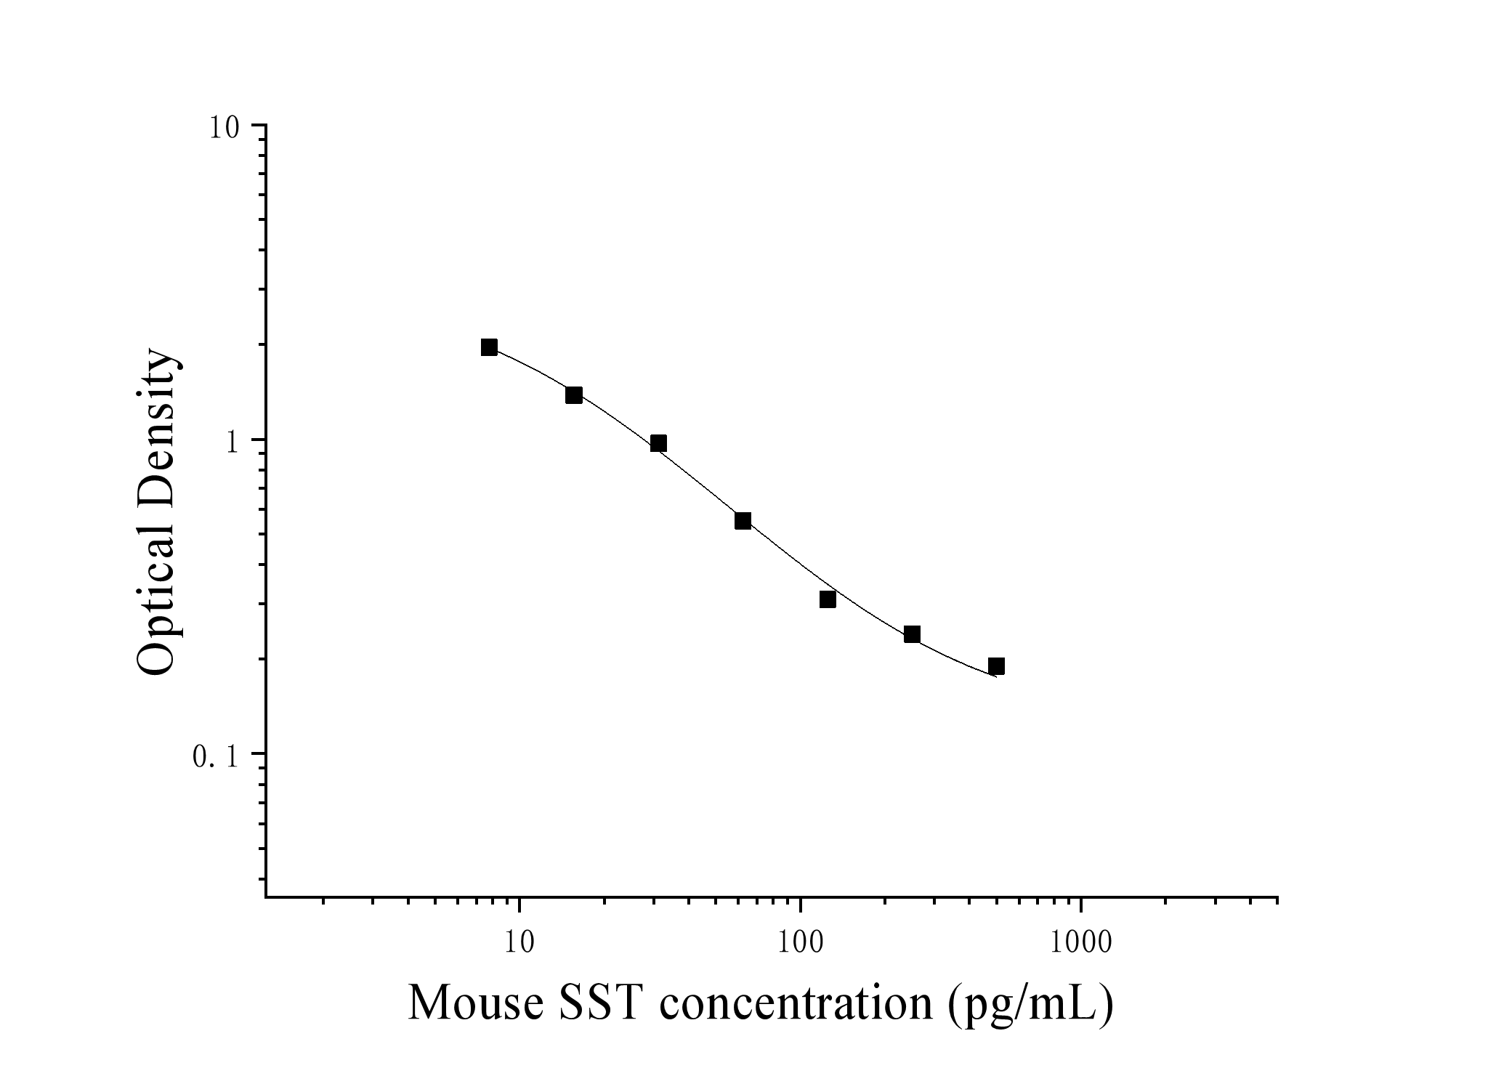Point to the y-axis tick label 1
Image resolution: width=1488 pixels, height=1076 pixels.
[232, 443]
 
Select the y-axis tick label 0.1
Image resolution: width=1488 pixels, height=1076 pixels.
[217, 758]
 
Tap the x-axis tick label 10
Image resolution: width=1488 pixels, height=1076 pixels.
[519, 943]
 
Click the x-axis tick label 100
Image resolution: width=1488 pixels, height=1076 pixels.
[800, 943]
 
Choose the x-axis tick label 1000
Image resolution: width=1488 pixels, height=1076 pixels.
[1081, 943]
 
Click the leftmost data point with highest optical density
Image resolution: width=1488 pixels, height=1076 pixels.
[489, 347]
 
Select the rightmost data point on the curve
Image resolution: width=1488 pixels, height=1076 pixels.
[996, 666]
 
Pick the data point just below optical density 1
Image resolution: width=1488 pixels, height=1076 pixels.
[658, 444]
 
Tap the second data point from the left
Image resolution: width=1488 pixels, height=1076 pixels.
[574, 395]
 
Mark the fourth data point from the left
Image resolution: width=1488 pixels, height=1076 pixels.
[743, 521]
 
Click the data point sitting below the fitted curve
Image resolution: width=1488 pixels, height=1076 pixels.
[828, 599]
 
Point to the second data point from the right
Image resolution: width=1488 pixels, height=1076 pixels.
[912, 634]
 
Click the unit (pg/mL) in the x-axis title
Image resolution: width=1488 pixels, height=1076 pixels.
[1030, 1004]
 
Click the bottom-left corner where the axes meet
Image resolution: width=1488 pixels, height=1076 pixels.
[266, 897]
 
